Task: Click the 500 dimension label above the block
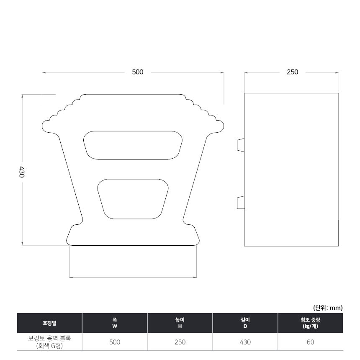(138, 72)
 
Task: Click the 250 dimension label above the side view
(292, 72)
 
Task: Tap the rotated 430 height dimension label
(21, 172)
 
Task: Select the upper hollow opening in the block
(133, 145)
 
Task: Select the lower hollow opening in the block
(133, 199)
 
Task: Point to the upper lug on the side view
(241, 145)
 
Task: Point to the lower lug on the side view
(241, 203)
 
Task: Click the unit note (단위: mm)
(328, 308)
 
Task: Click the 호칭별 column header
(49, 323)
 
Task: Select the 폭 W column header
(115, 323)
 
